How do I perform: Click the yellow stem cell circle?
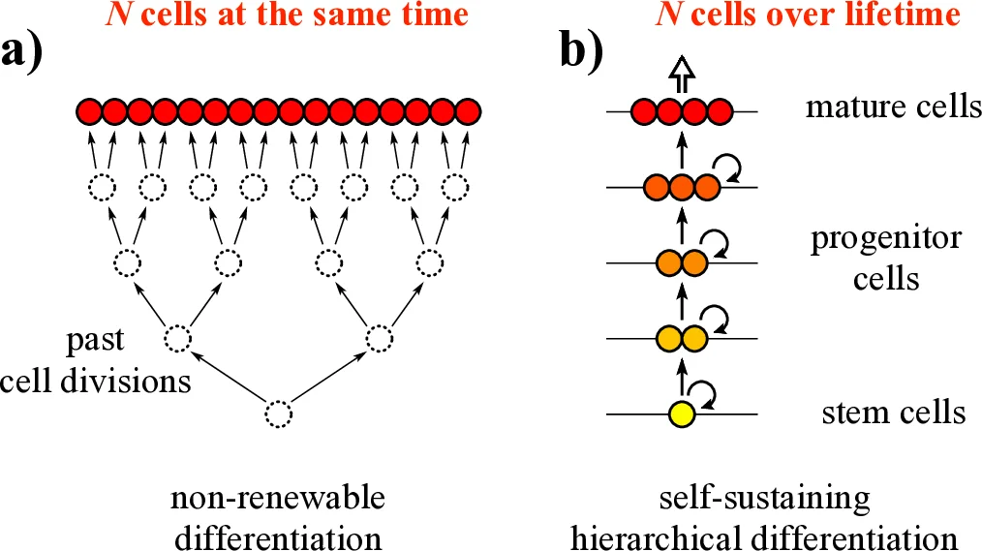[682, 414]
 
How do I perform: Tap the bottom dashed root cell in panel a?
[278, 414]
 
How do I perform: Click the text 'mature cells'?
[893, 106]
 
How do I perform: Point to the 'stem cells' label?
[892, 413]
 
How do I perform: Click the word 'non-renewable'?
[278, 500]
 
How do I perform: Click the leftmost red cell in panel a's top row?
[89, 111]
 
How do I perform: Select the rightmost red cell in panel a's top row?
[469, 111]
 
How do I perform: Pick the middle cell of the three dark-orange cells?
[682, 187]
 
